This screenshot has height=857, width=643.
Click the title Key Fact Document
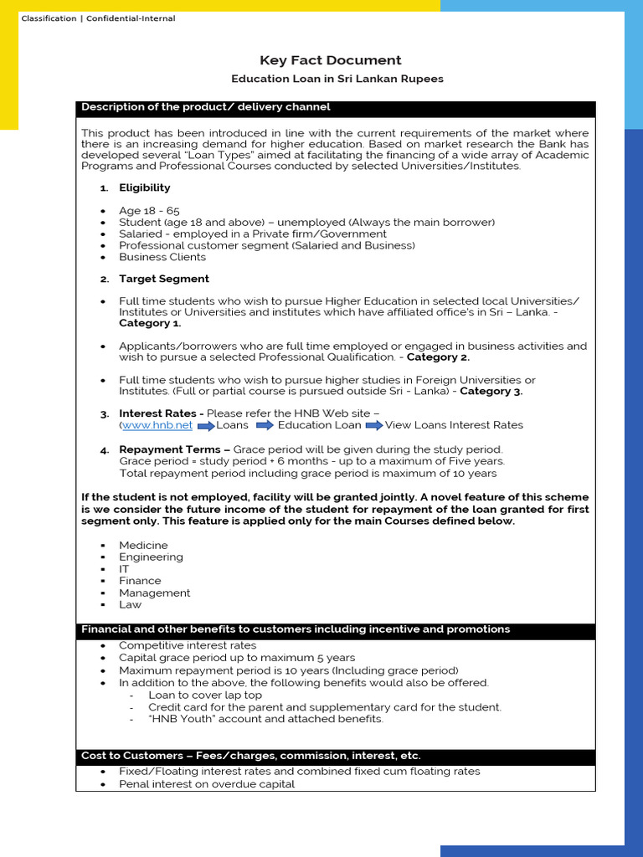click(331, 60)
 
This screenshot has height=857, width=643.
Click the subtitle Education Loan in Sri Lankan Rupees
click(337, 79)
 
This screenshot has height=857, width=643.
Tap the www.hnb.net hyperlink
click(157, 425)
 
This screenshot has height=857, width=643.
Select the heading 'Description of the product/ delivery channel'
click(206, 107)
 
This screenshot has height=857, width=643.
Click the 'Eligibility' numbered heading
click(144, 187)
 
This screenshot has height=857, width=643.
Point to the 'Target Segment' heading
click(164, 279)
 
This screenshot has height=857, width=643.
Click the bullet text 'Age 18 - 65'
click(149, 211)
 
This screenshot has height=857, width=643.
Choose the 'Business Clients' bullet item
click(162, 257)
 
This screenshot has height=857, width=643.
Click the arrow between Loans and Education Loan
click(265, 425)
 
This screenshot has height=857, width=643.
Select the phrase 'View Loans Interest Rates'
click(454, 425)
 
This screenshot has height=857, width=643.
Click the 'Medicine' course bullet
click(143, 546)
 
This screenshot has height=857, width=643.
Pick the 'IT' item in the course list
click(124, 569)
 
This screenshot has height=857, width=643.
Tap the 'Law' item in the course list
click(130, 604)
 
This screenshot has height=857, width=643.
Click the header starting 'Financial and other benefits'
click(296, 629)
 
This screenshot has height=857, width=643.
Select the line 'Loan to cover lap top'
click(205, 695)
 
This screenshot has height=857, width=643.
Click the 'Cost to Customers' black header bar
click(251, 756)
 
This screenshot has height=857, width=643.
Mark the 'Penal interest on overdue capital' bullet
click(207, 784)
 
